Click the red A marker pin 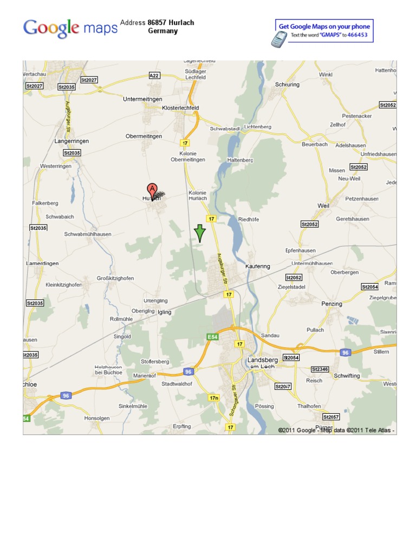[153, 190]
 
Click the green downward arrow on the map [200, 233]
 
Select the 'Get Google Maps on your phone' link [324, 26]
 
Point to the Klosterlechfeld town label [180, 108]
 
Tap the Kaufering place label [257, 266]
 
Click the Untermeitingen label [142, 99]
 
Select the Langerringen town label [71, 141]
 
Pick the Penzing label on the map [331, 304]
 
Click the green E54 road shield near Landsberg [213, 337]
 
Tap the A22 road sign [154, 76]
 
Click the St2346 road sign [320, 369]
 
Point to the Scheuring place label [287, 85]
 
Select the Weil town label [323, 206]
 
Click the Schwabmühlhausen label [88, 234]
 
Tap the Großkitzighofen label [115, 278]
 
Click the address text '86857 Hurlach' [171, 23]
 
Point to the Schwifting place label [347, 376]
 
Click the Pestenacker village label [357, 116]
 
